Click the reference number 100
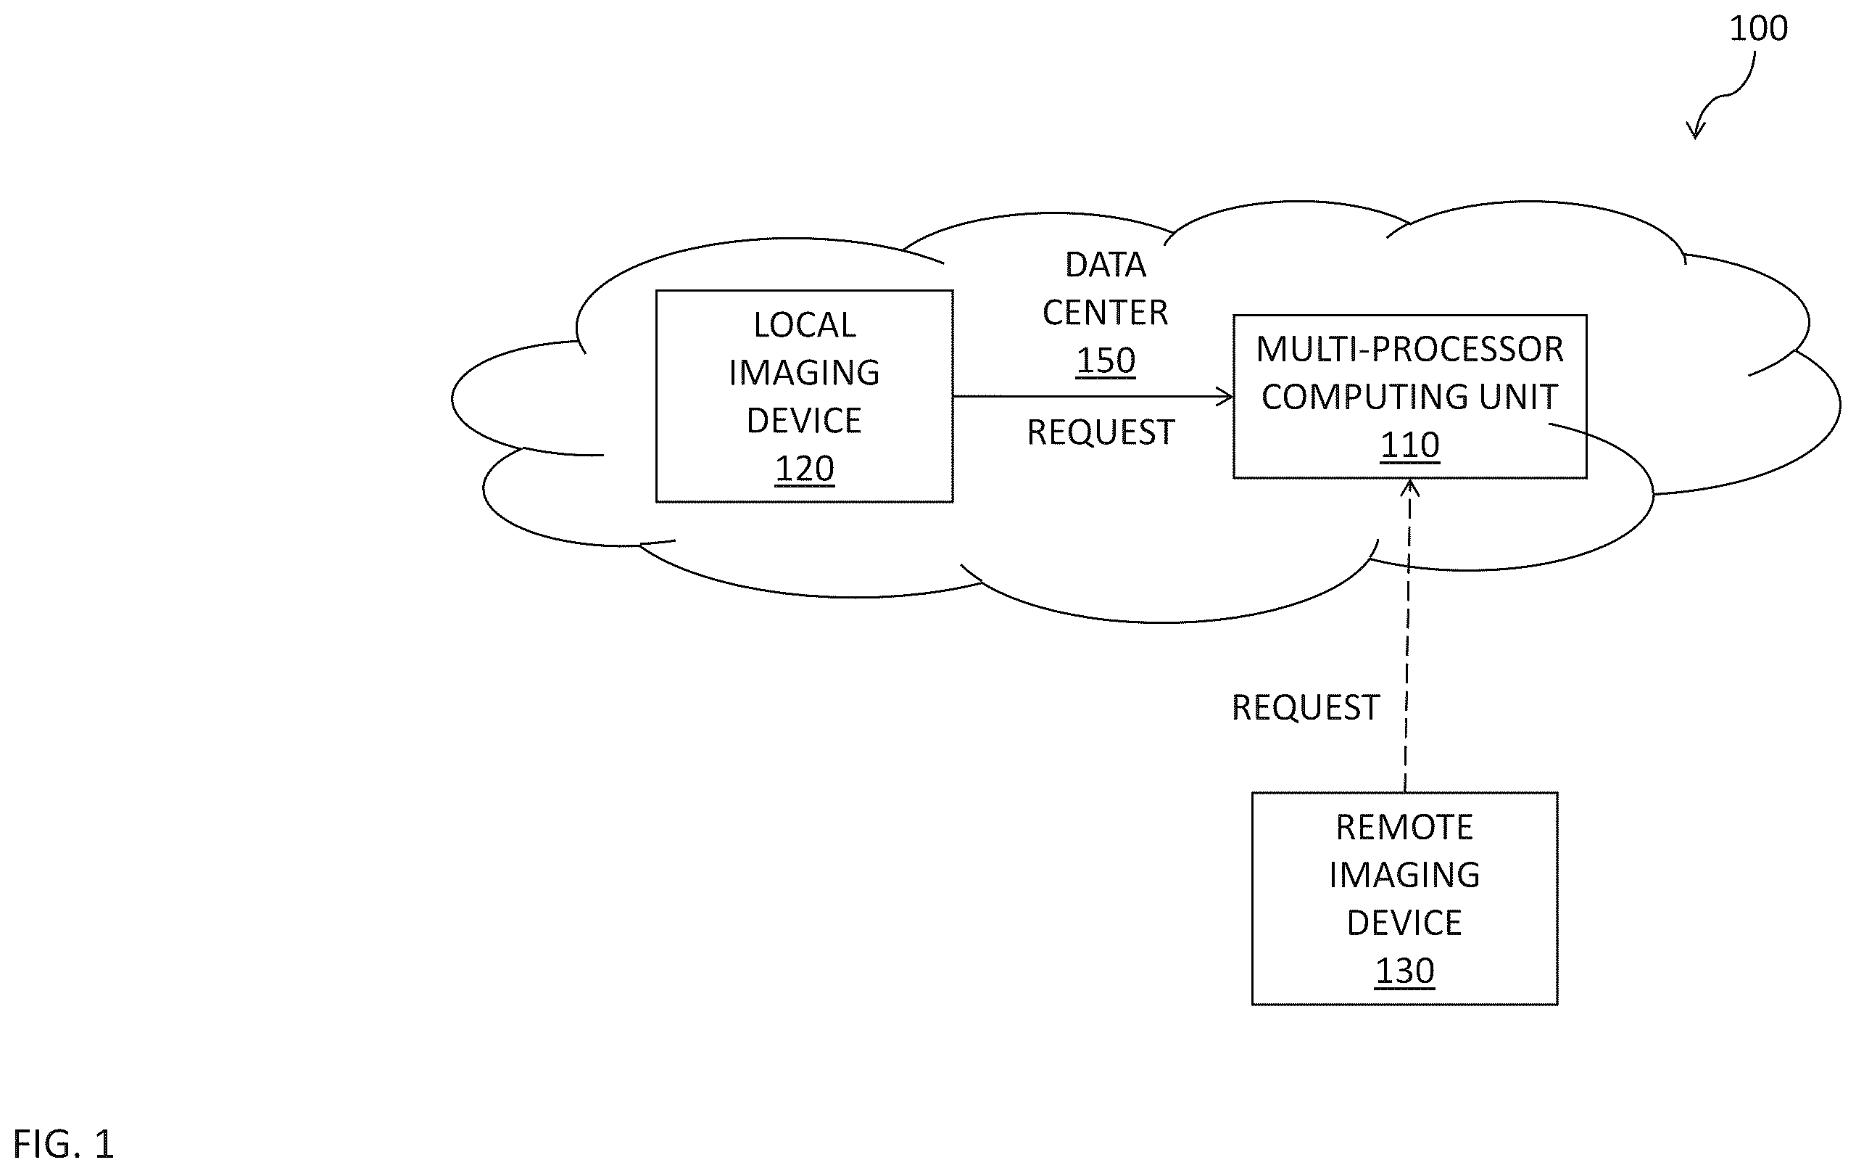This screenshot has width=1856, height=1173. [1758, 28]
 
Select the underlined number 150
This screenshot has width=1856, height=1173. [1106, 360]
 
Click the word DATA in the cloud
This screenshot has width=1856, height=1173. [1106, 266]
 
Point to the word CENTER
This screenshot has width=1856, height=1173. [1106, 313]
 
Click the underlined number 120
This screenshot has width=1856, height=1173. [804, 469]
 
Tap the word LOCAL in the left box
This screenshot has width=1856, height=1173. [804, 326]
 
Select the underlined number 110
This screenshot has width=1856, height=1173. [1409, 445]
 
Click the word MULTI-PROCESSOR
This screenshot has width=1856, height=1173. [1409, 350]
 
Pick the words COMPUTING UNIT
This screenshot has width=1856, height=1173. [1409, 398]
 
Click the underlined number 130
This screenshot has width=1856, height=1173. [1404, 971]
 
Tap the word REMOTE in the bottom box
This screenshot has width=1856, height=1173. [1404, 828]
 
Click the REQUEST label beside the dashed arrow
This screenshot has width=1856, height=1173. [1305, 708]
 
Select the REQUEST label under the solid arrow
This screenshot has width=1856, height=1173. [1101, 432]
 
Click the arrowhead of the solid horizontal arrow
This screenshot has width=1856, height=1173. [1225, 396]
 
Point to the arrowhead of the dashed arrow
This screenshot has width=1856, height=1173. [1409, 487]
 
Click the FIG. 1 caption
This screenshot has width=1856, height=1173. [64, 1145]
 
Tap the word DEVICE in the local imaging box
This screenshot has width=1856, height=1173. [804, 421]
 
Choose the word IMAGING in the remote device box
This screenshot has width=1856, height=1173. [1404, 876]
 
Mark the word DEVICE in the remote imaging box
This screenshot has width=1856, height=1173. [1404, 923]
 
